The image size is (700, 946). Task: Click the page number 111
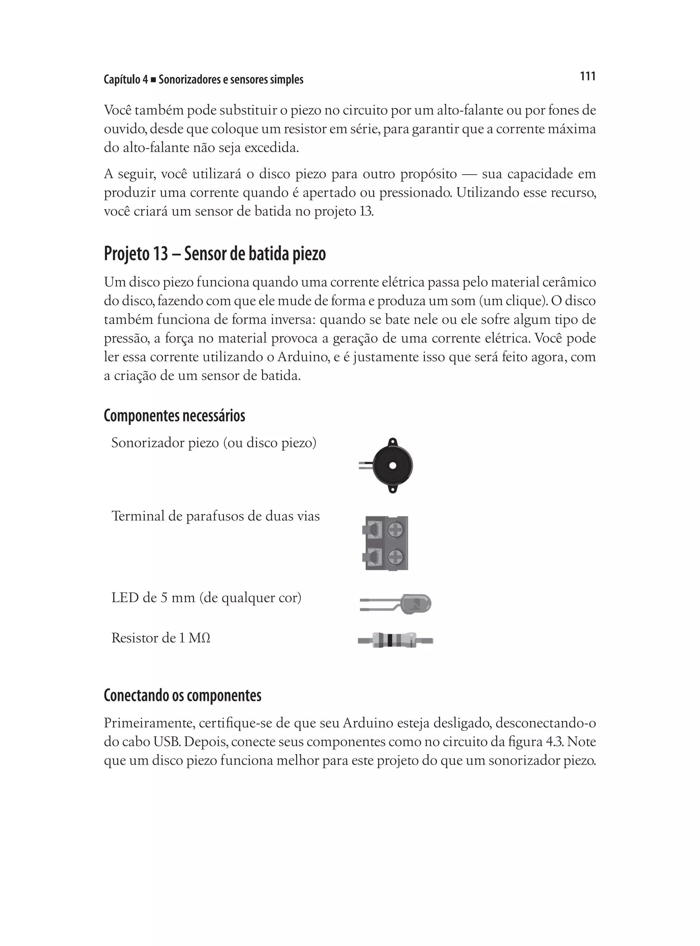pos(587,76)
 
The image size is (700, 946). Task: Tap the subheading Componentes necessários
pos(174,416)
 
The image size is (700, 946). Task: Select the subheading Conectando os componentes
pos(182,695)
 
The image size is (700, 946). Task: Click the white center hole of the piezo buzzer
pos(393,465)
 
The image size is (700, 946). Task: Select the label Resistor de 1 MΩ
pos(161,638)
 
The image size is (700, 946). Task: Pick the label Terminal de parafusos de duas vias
pos(215,516)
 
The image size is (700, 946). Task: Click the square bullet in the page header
pos(153,80)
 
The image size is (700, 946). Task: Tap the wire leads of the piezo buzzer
pos(365,465)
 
